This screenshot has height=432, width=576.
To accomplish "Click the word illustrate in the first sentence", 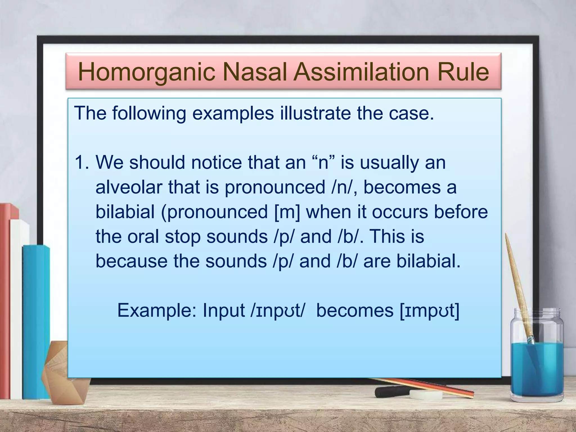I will tap(315, 113).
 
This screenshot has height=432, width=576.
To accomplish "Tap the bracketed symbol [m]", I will tap(287, 212).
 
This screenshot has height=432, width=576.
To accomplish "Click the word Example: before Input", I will tap(157, 310).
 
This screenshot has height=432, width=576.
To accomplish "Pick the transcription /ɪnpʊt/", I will tap(277, 311).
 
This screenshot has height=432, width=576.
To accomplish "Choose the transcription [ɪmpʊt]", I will tap(429, 311).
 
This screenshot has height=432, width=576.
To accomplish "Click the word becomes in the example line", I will tap(355, 310).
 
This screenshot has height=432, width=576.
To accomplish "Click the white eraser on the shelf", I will tap(426, 395).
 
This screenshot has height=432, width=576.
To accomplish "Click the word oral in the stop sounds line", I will tap(143, 237).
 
